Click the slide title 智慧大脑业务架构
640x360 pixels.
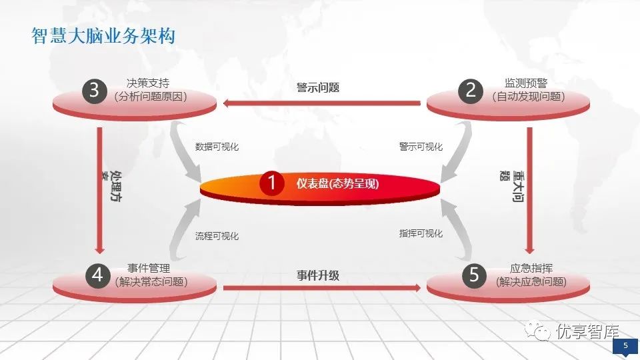pos(103,36)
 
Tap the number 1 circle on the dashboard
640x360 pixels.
pos(271,183)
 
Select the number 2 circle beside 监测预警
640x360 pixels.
pos(471,91)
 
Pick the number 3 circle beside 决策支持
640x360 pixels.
pos(94,91)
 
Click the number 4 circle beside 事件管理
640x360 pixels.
pos(97,275)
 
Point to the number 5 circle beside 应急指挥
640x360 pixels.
pos(474,275)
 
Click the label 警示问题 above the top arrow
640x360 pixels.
pos(318,87)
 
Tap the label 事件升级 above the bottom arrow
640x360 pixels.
pos(318,275)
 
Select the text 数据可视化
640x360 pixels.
pos(217,147)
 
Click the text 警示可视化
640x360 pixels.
pos(421,147)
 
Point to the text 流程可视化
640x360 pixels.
pos(217,236)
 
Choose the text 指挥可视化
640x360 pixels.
pos(421,233)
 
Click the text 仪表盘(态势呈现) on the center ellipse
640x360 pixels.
pos(337,184)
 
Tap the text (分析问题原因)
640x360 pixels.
pos(151,97)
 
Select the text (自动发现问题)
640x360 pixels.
pos(529,97)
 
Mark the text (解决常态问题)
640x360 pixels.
pos(151,281)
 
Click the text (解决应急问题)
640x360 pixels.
pos(531,281)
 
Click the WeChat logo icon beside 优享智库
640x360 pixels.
pos(537,329)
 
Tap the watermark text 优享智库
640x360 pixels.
pos(588,331)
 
